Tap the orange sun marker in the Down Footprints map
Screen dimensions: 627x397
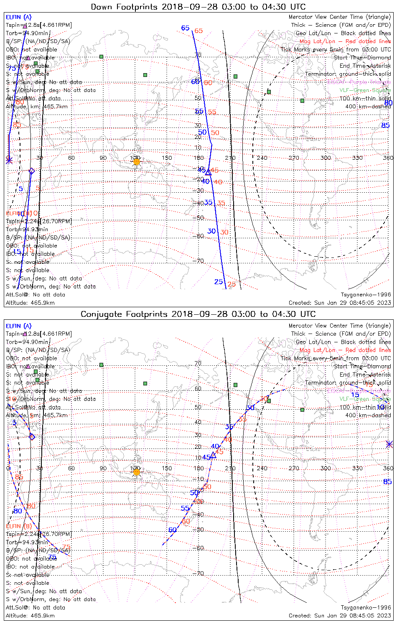[136, 161]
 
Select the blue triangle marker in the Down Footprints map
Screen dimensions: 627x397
[208, 172]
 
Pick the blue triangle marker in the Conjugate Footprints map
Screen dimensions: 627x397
[213, 455]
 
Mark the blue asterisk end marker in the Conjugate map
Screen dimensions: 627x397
[389, 444]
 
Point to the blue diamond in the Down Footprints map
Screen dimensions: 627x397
[31, 171]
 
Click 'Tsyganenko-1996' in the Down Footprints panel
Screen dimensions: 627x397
[366, 295]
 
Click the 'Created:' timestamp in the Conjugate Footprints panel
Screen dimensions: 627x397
[340, 616]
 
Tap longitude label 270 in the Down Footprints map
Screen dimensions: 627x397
[294, 158]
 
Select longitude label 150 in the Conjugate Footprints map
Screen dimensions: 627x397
[167, 468]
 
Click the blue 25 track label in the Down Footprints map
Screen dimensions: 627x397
[219, 282]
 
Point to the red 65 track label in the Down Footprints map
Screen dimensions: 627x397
[198, 31]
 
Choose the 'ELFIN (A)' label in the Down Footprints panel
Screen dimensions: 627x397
[18, 17]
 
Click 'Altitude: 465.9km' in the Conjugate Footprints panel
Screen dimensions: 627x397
[30, 616]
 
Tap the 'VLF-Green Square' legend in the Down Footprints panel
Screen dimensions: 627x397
[365, 90]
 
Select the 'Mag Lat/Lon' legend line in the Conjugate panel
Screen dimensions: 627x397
[345, 350]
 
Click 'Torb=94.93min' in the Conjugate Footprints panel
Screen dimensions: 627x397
[27, 542]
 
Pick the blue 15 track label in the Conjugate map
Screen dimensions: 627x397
[355, 395]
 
